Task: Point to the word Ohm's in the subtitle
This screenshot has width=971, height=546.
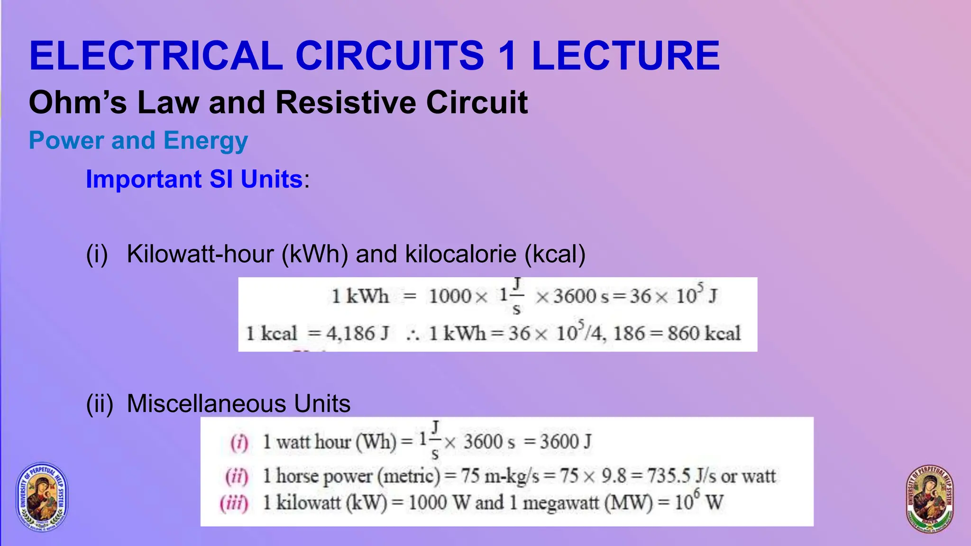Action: click(x=78, y=102)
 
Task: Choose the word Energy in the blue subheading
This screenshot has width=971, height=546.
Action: click(x=205, y=141)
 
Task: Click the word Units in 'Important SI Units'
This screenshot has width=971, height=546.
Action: click(x=272, y=179)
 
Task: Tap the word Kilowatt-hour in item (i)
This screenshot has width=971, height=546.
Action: click(x=201, y=254)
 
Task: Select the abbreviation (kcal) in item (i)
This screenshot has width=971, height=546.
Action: click(x=555, y=254)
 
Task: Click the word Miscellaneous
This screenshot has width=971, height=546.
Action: click(x=207, y=404)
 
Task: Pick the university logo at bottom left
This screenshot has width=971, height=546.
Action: click(x=42, y=496)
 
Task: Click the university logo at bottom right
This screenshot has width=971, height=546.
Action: click(x=929, y=499)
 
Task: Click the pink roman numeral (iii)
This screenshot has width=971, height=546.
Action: click(x=234, y=503)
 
